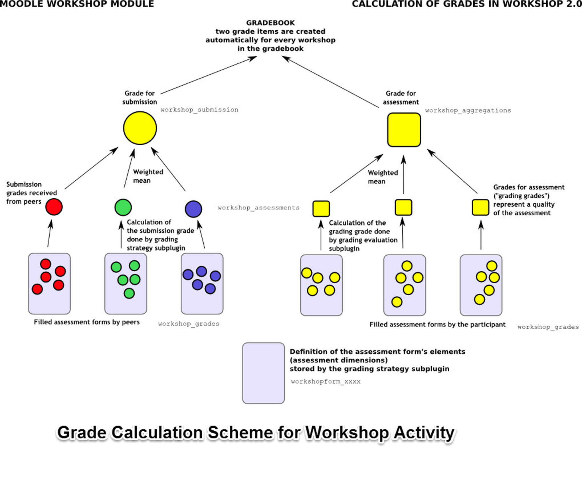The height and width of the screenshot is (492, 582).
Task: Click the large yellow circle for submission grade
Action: (140, 128)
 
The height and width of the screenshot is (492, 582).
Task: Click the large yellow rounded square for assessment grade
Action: (404, 130)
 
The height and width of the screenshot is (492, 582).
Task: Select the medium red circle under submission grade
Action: (54, 207)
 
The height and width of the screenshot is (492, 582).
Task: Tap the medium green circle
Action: (123, 207)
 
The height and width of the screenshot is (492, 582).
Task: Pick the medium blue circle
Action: (193, 209)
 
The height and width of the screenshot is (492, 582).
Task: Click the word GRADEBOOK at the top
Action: (270, 23)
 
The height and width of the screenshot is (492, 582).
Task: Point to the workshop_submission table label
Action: (199, 110)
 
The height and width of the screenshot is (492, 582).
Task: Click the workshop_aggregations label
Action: (468, 110)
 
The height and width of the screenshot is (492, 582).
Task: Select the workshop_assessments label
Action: (258, 208)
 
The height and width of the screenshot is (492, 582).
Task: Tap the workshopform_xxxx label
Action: (326, 382)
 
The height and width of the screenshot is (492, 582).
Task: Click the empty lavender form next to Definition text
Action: (263, 373)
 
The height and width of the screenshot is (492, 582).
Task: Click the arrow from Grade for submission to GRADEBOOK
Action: (208, 75)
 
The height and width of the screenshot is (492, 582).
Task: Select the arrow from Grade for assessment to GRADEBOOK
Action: (330, 82)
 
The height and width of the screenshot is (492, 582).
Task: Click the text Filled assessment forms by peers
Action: (87, 322)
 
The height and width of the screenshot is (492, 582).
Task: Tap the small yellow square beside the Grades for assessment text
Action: (480, 207)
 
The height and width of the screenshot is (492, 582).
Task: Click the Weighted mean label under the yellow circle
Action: (148, 176)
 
